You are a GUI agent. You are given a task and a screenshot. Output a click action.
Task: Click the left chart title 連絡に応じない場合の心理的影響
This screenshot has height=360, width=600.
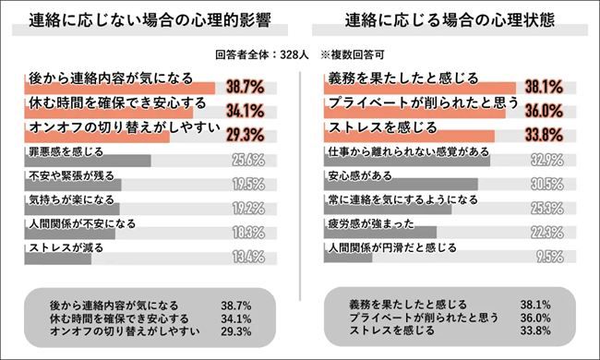pos(149,21)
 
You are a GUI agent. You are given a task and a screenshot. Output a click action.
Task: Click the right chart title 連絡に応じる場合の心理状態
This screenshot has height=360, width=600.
pos(450,21)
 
